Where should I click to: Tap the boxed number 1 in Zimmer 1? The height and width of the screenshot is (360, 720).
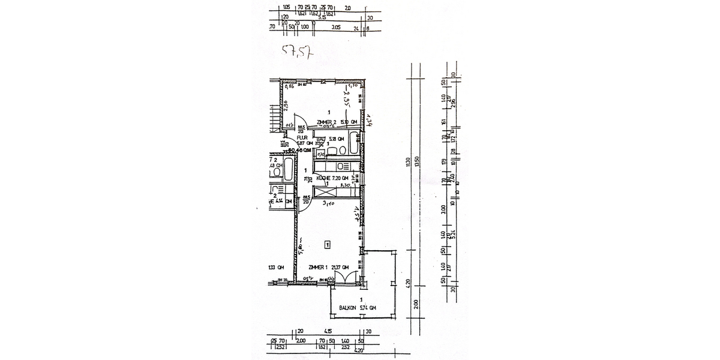click(327, 244)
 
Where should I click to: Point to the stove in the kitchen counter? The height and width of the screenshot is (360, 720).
click(343, 166)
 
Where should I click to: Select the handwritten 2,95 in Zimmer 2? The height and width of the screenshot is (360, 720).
click(346, 98)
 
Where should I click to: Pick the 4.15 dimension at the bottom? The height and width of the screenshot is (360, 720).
click(328, 331)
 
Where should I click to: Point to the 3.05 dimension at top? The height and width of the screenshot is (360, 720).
click(336, 27)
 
